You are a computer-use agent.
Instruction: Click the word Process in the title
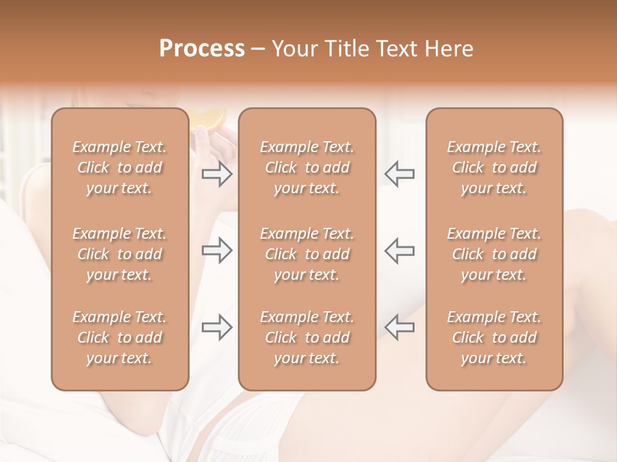[x=202, y=49]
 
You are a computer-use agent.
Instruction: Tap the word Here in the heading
[x=449, y=49]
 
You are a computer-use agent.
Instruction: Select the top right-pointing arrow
[x=217, y=174]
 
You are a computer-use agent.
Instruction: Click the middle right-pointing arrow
[x=217, y=250]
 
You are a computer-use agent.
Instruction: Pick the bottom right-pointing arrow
[x=217, y=327]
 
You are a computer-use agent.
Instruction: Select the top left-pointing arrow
[x=399, y=174]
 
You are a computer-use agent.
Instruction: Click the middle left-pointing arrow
[x=399, y=250]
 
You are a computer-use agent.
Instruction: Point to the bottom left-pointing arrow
[x=399, y=327]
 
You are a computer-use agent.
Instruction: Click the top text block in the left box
[x=120, y=167]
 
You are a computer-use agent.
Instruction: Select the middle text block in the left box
[x=120, y=254]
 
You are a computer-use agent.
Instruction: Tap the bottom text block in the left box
[x=120, y=338]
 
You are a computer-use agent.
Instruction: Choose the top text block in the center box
[x=307, y=167]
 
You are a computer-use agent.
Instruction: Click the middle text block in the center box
[x=307, y=254]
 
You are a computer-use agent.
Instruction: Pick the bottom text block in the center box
[x=307, y=338]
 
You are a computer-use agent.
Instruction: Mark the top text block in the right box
[x=494, y=167]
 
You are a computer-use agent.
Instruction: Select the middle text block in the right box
[x=494, y=254]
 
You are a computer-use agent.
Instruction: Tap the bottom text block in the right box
[x=494, y=338]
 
